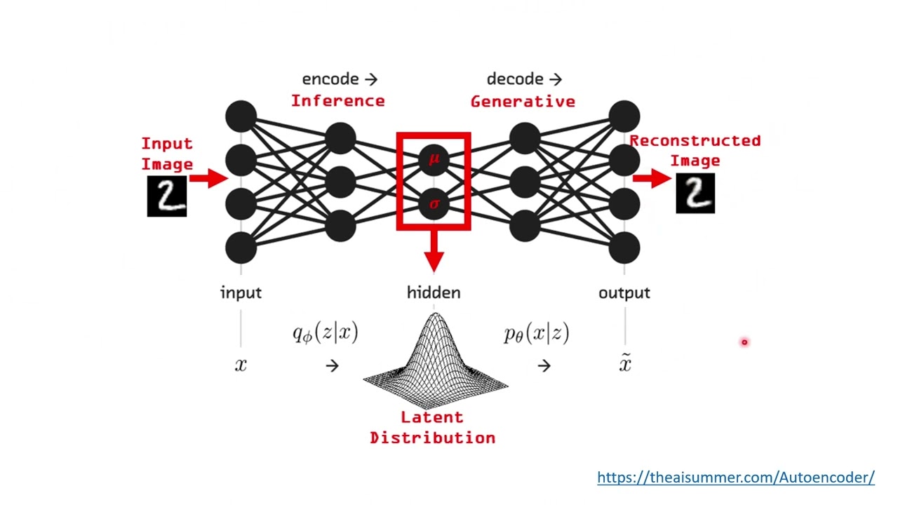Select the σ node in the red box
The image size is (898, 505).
(434, 204)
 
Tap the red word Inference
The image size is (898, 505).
(337, 101)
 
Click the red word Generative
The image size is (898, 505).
(523, 102)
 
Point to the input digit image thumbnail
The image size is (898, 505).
(167, 196)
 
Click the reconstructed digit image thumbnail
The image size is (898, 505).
(695, 194)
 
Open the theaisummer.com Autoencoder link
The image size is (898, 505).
(735, 478)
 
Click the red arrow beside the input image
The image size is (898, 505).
(208, 178)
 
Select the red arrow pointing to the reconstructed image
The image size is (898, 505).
(652, 178)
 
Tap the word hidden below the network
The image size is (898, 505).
(434, 292)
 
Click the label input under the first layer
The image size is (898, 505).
(241, 292)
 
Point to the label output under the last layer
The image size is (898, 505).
(624, 292)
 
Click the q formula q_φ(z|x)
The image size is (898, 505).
(325, 333)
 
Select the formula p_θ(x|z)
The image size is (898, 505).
(536, 333)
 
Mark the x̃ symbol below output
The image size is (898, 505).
(624, 363)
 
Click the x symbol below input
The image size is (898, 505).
(241, 365)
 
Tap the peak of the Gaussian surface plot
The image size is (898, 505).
(435, 318)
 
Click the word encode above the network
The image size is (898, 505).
(330, 79)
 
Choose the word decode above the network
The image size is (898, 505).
(515, 79)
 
